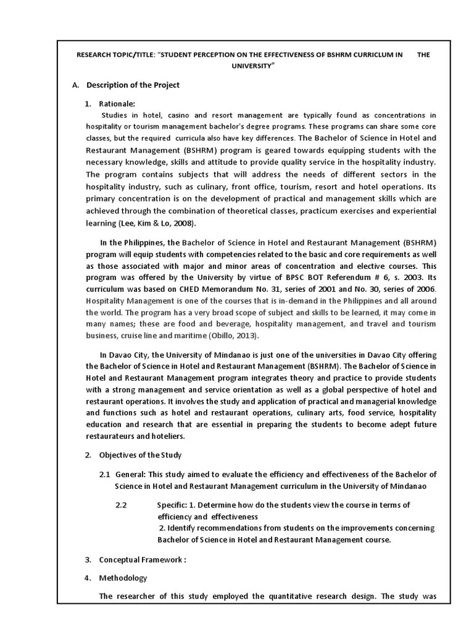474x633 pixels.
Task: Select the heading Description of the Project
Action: tap(133, 85)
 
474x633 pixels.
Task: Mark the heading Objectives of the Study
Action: tap(140, 455)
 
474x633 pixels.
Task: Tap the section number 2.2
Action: tap(121, 505)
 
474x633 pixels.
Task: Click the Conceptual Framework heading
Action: tap(142, 560)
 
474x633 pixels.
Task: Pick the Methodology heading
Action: tap(123, 578)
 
